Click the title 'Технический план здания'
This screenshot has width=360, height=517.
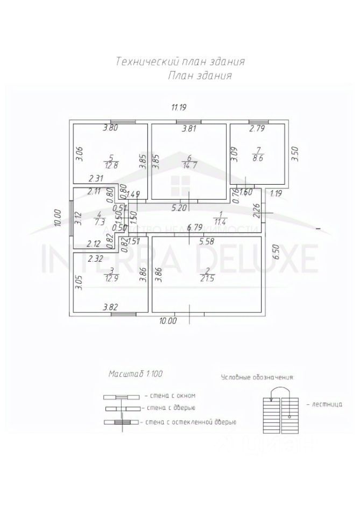180,61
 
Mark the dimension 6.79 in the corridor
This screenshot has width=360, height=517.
194,228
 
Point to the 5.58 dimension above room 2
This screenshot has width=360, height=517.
207,242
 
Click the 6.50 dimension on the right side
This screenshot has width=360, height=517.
277,251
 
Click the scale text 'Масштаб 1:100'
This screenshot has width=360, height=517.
135,373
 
